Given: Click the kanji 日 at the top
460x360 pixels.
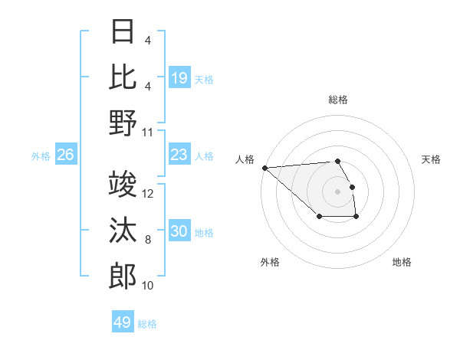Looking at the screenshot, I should [123, 32].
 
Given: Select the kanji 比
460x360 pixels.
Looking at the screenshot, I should [123, 78].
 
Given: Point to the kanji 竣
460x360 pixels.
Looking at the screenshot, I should [123, 185].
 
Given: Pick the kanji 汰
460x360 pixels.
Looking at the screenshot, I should [123, 231].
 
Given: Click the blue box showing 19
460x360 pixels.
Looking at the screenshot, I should [179, 78].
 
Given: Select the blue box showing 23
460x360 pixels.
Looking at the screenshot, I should [179, 155].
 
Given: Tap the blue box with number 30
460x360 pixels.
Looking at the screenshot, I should [179, 231].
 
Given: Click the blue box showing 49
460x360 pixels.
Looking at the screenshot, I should [123, 322].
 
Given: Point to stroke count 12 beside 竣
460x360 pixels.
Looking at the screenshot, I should [148, 194].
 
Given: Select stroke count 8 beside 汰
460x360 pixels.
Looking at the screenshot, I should [148, 240].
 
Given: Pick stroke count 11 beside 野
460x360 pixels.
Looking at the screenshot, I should [148, 132].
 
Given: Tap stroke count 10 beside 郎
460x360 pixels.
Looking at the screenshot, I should [148, 286].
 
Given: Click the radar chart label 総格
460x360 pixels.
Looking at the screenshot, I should [337, 100].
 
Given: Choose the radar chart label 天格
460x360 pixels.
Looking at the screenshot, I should [432, 159].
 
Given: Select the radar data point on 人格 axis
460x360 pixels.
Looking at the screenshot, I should [264, 167].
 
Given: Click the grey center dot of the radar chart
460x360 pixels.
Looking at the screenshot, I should [337, 191].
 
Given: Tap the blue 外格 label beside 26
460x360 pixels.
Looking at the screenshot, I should [41, 156].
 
